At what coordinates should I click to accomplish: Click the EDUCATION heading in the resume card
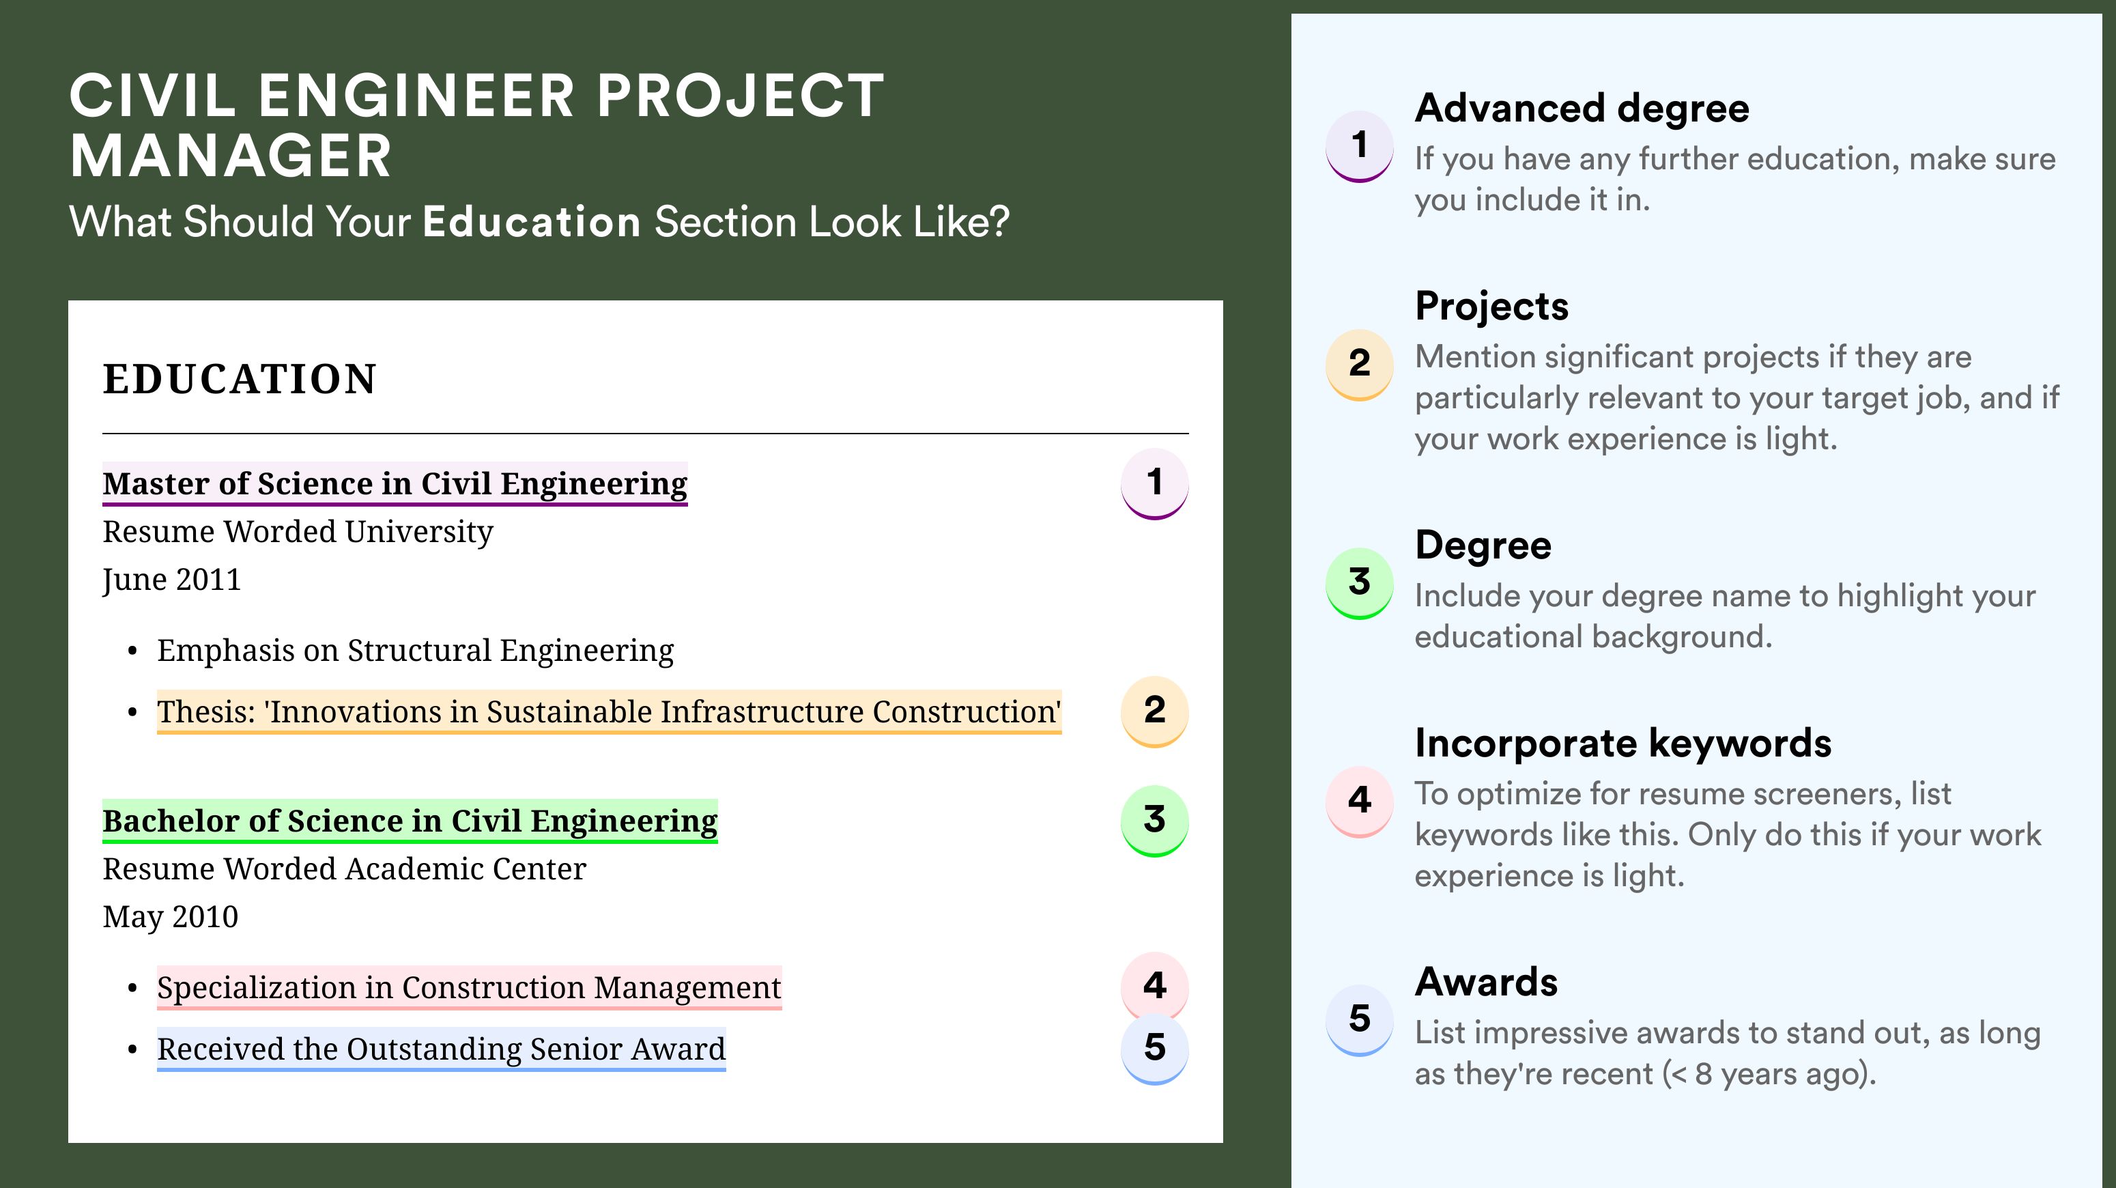(239, 379)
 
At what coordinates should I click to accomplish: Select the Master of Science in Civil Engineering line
(395, 483)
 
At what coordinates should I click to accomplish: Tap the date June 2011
(172, 580)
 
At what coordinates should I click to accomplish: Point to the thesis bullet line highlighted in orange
(609, 711)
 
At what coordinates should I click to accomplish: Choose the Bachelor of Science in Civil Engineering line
(410, 821)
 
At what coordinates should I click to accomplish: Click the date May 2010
(170, 917)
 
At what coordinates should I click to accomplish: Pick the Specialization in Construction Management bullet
(469, 987)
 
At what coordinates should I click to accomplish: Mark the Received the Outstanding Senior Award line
(441, 1049)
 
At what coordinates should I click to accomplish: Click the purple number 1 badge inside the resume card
(1154, 483)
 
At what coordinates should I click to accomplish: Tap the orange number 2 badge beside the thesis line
(1154, 711)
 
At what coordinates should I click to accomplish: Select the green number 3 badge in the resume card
(1154, 821)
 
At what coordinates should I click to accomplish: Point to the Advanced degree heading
(1582, 109)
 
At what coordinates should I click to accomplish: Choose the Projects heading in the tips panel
(1491, 306)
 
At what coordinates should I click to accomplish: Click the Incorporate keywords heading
(1623, 743)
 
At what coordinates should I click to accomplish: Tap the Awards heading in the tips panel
(1486, 982)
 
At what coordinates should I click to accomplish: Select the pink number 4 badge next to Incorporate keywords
(1360, 801)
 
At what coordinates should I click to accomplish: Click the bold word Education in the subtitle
(532, 222)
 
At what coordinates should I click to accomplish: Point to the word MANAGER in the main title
(231, 156)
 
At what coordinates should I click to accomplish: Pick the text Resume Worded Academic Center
(344, 869)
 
